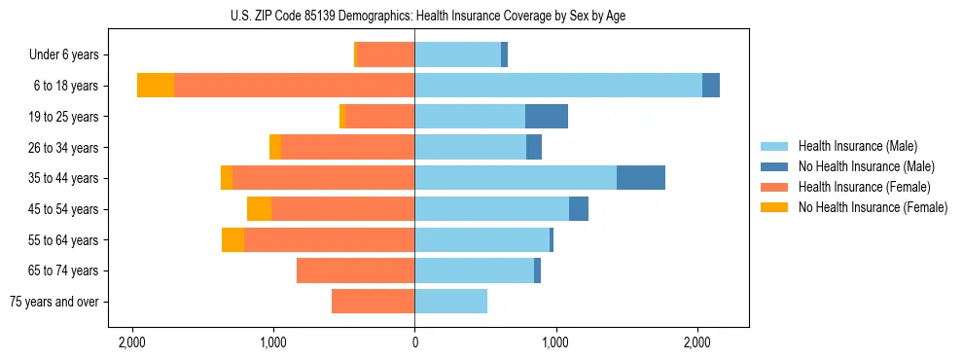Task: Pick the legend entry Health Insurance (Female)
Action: click(864, 187)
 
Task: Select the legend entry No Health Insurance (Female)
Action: click(873, 207)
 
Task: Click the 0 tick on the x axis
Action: click(415, 343)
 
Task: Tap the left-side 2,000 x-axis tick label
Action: click(132, 343)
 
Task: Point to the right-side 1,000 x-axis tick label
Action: click(556, 343)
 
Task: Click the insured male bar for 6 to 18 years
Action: click(558, 86)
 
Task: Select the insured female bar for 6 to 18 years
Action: click(295, 86)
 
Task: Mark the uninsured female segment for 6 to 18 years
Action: click(156, 86)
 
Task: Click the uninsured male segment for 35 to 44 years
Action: click(641, 178)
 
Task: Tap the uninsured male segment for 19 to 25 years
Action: click(547, 117)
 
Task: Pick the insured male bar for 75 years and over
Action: click(451, 302)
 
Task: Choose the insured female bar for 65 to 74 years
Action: click(356, 270)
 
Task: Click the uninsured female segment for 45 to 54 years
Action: click(259, 209)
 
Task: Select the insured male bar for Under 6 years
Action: click(458, 55)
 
